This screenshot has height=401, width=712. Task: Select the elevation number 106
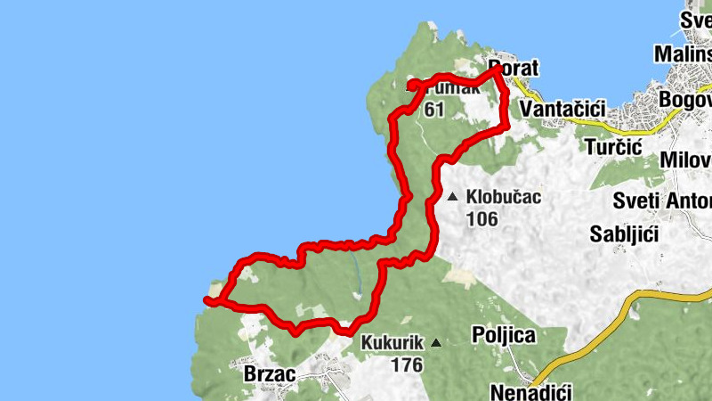[481, 218]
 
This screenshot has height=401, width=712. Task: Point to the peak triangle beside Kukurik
[436, 343]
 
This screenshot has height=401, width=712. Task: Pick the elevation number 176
[406, 364]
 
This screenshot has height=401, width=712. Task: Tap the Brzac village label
[270, 374]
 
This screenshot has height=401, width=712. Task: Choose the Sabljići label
[624, 234]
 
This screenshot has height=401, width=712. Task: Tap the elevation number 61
[434, 110]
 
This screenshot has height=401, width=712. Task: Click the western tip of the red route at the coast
[206, 300]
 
